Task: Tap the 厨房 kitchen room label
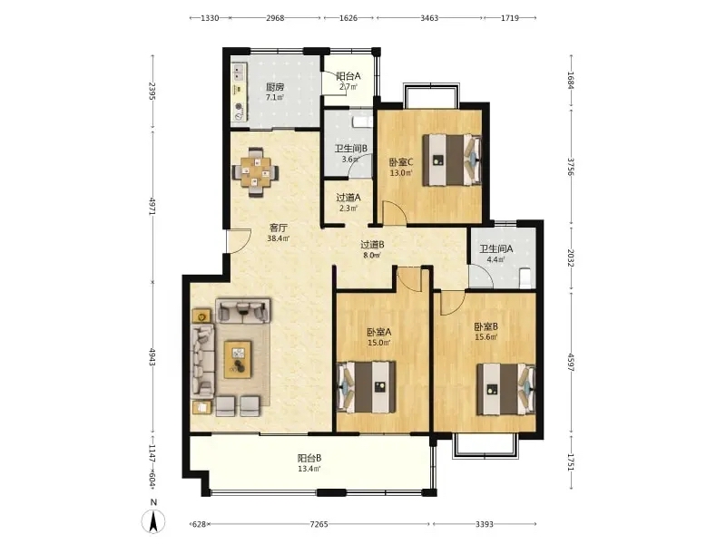pos(275,87)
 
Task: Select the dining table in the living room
pos(255,172)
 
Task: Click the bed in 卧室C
pos(452,160)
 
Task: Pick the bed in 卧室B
pos(506,389)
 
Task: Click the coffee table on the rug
pos(238,359)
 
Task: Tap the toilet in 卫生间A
pos(525,278)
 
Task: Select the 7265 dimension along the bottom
pos(319,524)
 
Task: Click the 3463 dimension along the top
pos(429,18)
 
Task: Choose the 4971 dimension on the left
pos(152,206)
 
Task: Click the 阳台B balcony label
pos(309,458)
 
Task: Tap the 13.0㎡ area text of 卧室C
pos(401,173)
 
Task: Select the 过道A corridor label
pos(348,198)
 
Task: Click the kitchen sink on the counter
pos(239,71)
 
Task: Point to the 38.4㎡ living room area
pos(279,238)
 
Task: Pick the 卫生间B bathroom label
pos(351,149)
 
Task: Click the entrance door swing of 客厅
pos(238,241)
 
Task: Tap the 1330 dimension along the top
pos(210,18)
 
